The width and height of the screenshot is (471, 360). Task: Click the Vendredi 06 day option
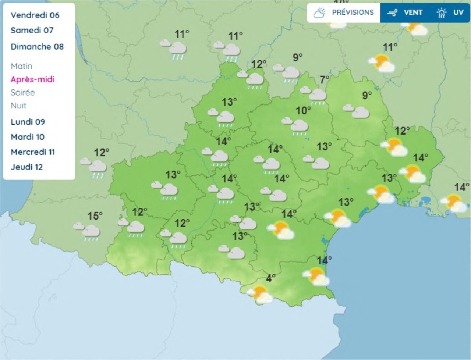pyautogui.click(x=35, y=15)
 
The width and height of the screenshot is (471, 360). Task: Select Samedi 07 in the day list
pyautogui.click(x=32, y=30)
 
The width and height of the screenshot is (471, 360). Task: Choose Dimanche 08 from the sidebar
pyautogui.click(x=37, y=46)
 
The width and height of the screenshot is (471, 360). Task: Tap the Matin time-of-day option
pyautogui.click(x=21, y=66)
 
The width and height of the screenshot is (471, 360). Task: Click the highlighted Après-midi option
pyautogui.click(x=32, y=79)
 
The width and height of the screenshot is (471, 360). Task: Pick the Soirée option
pyautogui.click(x=22, y=92)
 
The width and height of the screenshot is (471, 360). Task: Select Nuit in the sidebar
pyautogui.click(x=18, y=106)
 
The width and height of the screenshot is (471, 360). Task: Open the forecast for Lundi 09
pyautogui.click(x=28, y=122)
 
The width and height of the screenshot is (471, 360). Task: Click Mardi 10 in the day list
pyautogui.click(x=28, y=137)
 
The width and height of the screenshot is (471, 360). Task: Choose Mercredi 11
pyautogui.click(x=33, y=152)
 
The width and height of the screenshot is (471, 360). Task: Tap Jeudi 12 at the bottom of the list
pyautogui.click(x=26, y=167)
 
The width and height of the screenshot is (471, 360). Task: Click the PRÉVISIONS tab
pyautogui.click(x=344, y=13)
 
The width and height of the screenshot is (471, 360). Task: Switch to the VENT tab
pyautogui.click(x=405, y=13)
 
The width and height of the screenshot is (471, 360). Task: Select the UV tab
pyautogui.click(x=450, y=13)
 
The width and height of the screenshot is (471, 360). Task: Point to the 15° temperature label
pyautogui.click(x=95, y=216)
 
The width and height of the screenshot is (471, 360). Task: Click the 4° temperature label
pyautogui.click(x=271, y=278)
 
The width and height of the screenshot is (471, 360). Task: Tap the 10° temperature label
pyautogui.click(x=303, y=110)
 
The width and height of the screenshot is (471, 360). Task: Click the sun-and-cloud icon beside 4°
pyautogui.click(x=261, y=294)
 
